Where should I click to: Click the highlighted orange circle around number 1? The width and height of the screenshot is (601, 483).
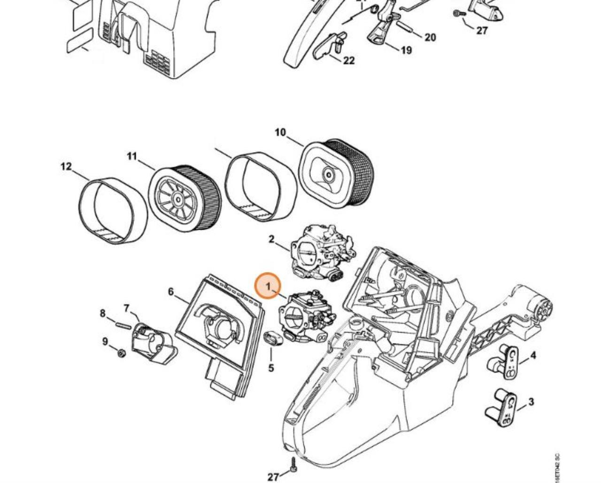point(268,287)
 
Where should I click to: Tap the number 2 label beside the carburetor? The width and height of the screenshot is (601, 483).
point(271,240)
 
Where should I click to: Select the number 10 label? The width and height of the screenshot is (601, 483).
point(280,133)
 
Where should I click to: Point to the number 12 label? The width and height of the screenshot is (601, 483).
point(66,166)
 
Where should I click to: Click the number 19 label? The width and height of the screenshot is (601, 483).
point(406,50)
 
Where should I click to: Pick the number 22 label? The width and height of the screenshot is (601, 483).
point(349,61)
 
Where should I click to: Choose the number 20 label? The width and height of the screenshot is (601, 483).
point(430,38)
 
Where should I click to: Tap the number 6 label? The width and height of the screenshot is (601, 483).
point(171,292)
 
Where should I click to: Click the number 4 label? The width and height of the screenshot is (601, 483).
point(533,356)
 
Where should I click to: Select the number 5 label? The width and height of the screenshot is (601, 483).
point(271,368)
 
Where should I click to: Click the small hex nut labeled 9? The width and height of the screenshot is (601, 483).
point(121,353)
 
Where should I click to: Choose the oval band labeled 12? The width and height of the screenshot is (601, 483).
point(112,210)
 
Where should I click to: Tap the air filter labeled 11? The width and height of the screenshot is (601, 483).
point(185,198)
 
